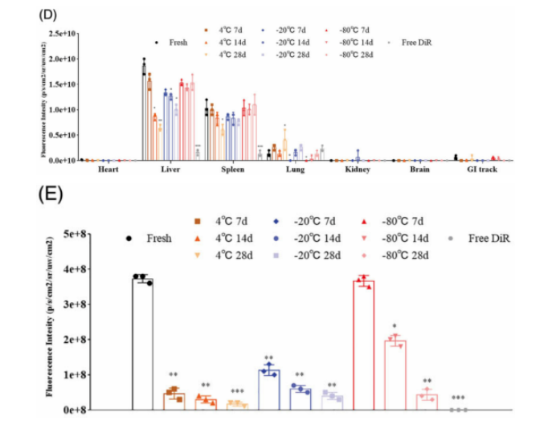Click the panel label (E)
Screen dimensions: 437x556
(55, 195)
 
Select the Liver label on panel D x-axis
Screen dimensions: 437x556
(170, 169)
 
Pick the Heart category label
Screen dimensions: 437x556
(108, 169)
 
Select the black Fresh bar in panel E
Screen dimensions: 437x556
(143, 345)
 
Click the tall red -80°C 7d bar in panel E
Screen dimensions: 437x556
(364, 345)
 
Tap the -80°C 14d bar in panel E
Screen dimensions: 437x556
(395, 376)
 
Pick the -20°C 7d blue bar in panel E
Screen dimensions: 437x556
(269, 390)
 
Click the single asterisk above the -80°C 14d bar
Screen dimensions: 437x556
(395, 327)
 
